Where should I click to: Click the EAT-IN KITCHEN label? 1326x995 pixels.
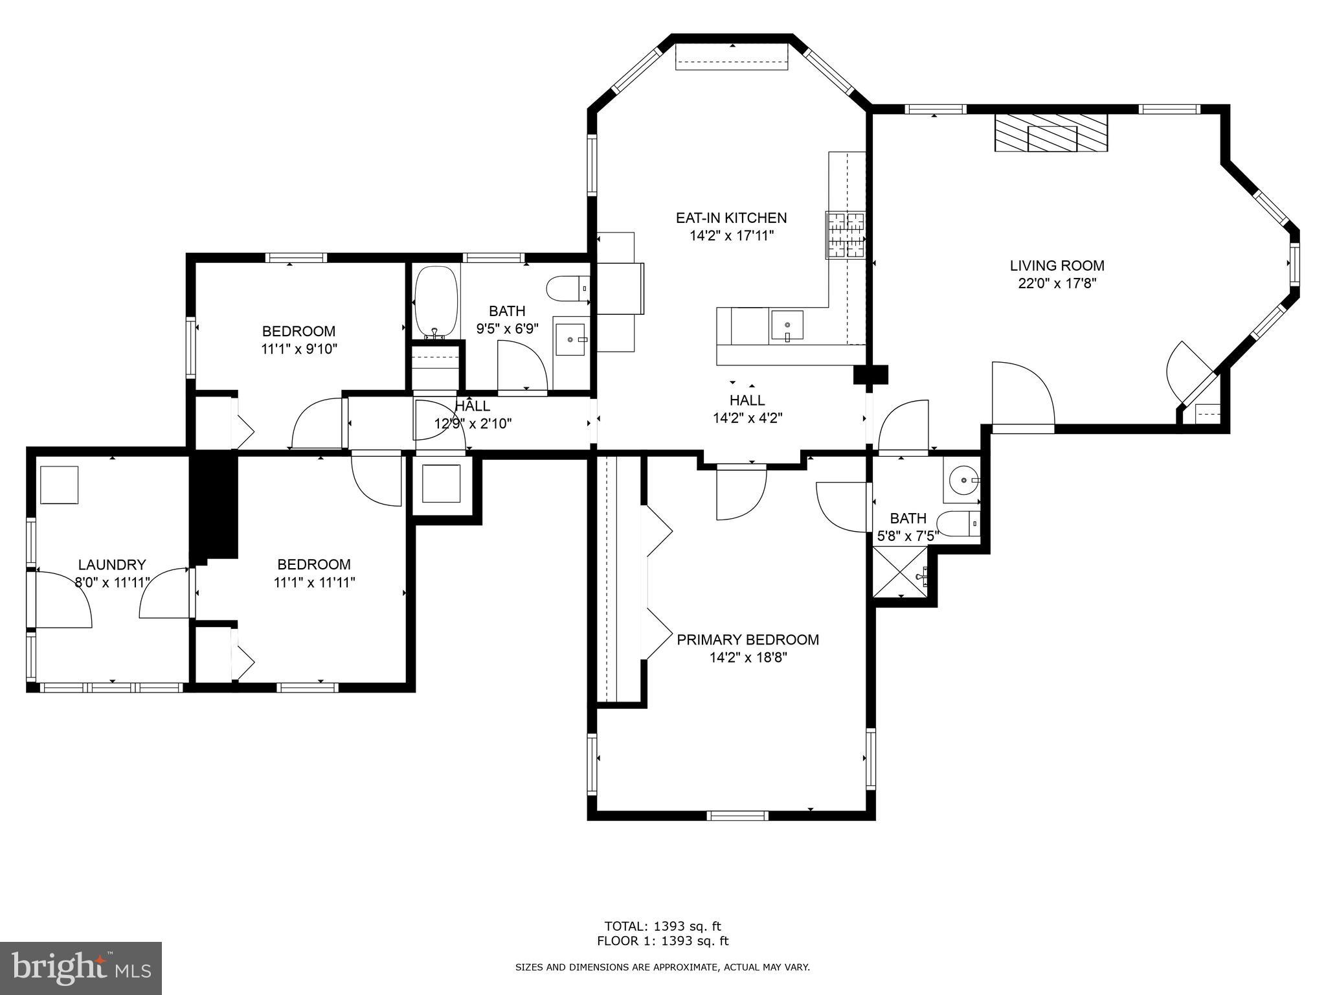point(731,218)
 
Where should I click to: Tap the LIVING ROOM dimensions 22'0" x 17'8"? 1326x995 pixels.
point(1057,283)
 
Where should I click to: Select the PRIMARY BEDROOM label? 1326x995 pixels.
point(747,639)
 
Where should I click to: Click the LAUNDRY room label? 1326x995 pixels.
point(112,564)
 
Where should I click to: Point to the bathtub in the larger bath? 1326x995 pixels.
point(436,301)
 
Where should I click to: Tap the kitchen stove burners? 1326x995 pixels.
point(845,235)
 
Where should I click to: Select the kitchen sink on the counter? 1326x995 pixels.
point(787,326)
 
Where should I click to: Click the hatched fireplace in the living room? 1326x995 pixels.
point(1051,133)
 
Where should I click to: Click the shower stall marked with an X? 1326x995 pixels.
point(900,572)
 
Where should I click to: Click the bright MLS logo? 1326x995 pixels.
point(81,968)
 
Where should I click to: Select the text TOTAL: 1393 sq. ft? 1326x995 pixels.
point(662,926)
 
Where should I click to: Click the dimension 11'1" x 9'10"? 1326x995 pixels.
point(299,349)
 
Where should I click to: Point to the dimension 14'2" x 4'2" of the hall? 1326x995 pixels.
point(747,418)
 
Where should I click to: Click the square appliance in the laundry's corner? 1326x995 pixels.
point(59,484)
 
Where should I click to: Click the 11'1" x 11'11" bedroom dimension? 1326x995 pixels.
point(314,582)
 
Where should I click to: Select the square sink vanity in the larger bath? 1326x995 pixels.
point(570,338)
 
